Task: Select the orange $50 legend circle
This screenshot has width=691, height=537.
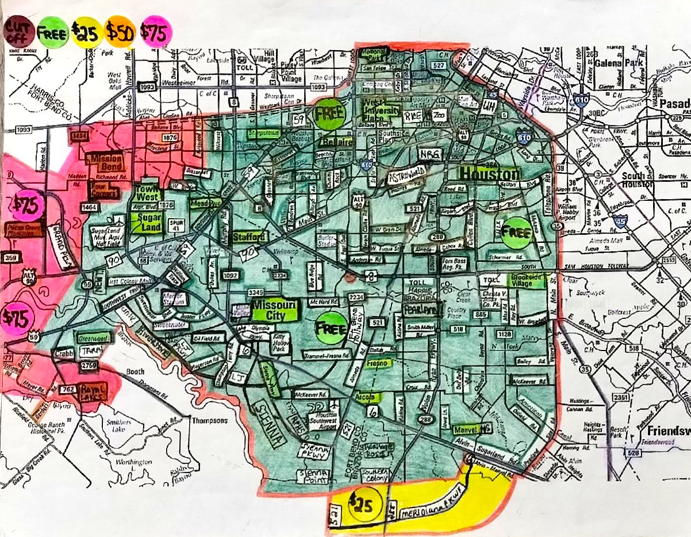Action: (120, 33)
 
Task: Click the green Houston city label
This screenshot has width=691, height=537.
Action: (489, 173)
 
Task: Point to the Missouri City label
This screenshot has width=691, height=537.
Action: (274, 310)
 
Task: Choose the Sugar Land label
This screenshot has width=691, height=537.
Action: (144, 222)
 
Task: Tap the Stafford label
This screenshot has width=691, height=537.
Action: (249, 237)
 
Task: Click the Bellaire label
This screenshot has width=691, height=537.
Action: (336, 141)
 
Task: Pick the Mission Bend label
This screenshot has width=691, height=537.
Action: (105, 162)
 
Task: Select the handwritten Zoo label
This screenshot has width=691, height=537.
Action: (440, 115)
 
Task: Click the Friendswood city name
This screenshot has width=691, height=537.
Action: (667, 432)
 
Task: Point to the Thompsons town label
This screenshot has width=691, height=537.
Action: (209, 420)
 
